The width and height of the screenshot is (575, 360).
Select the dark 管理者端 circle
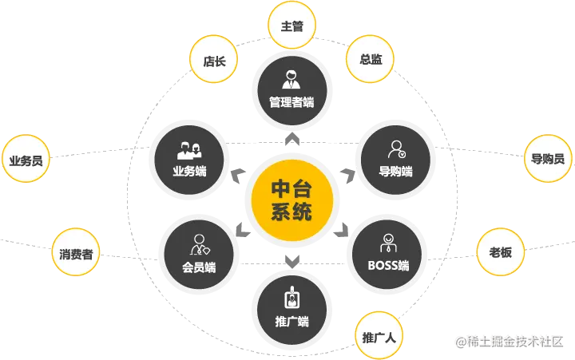[291, 90]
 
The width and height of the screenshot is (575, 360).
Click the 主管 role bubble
[292, 26]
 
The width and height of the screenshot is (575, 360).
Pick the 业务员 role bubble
[26, 160]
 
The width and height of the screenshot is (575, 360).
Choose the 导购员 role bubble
[548, 158]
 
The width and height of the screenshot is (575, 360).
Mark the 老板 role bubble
[501, 252]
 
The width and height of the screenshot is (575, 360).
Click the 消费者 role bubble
[76, 255]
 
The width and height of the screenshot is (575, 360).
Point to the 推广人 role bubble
[379, 337]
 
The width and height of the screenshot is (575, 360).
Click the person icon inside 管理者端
[291, 79]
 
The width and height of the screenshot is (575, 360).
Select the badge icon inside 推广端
[291, 299]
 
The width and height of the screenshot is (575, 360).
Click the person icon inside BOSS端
[388, 242]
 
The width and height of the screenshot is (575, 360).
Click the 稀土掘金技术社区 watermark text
[511, 342]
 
